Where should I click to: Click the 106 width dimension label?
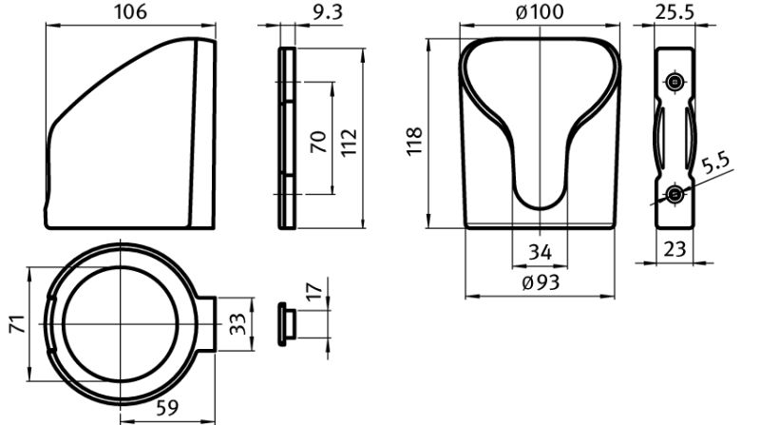pos(130,11)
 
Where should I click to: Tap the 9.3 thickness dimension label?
pos(327,12)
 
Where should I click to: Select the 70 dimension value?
pos(319,142)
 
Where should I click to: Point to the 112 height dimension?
pos(349,142)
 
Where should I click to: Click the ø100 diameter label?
pos(540,11)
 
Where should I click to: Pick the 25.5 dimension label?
pos(674,11)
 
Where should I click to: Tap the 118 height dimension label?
pos(414,142)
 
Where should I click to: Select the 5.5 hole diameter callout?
pos(715,164)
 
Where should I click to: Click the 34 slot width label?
pos(540,252)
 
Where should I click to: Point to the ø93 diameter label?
pos(541,282)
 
